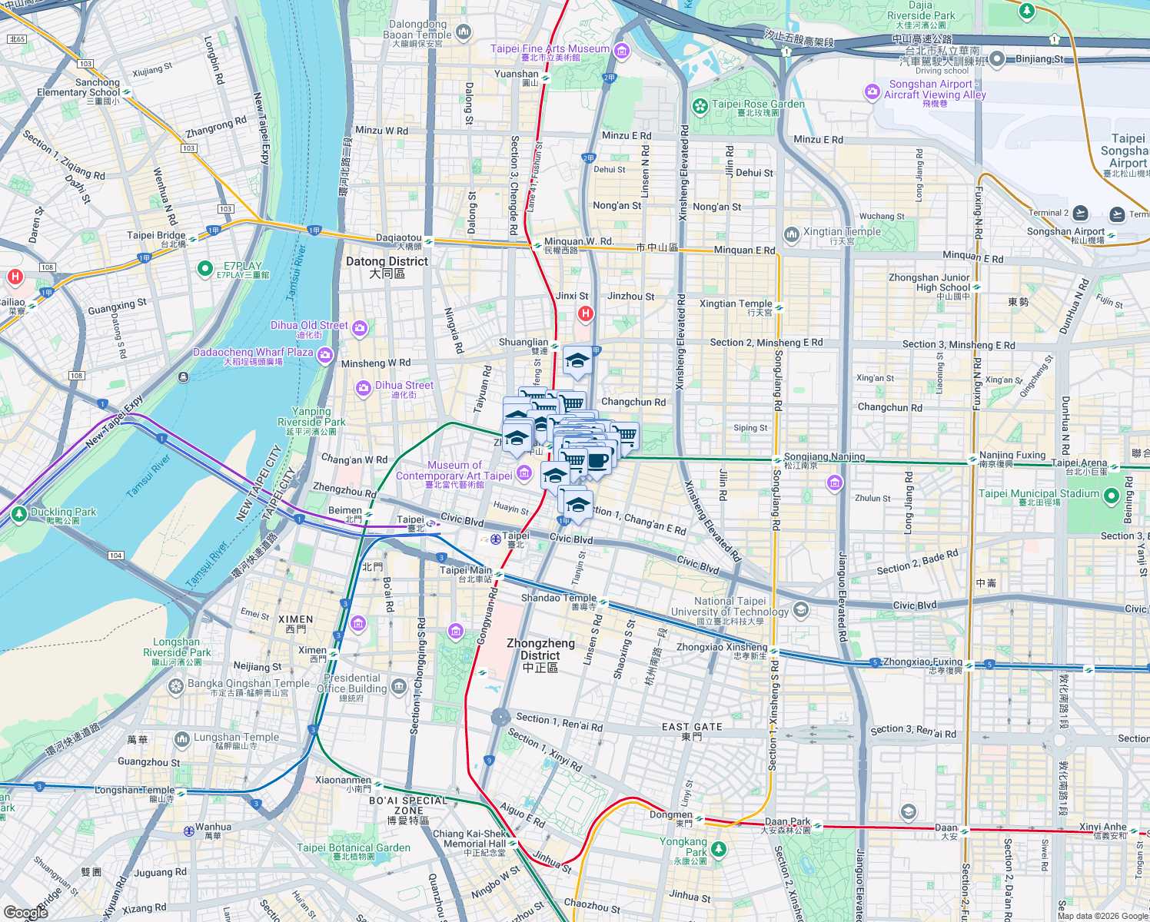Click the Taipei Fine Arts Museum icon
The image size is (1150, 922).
coord(622,51)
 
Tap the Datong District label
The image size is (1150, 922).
coord(387,267)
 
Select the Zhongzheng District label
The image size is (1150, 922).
coord(540,655)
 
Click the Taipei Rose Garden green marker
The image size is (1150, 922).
coord(700,106)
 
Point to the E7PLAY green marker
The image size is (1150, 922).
coord(204,269)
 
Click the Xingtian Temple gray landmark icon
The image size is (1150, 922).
coord(792,234)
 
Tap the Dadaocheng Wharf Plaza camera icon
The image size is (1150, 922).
coord(324,354)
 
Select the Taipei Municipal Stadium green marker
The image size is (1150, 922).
coord(1110,496)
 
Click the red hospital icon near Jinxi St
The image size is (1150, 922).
coord(586,313)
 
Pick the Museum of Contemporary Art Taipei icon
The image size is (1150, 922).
coord(524,472)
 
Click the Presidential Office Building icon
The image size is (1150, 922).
coord(398,686)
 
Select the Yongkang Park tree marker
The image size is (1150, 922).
coord(718,849)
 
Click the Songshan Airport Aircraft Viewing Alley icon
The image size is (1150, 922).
coord(872,92)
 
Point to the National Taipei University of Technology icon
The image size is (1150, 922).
coord(800,610)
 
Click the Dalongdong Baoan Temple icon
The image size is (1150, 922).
coord(463,32)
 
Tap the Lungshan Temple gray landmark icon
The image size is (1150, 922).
coord(182,740)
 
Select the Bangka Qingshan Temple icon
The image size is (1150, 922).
coord(176,686)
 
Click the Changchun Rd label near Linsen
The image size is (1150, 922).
coord(633,402)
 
